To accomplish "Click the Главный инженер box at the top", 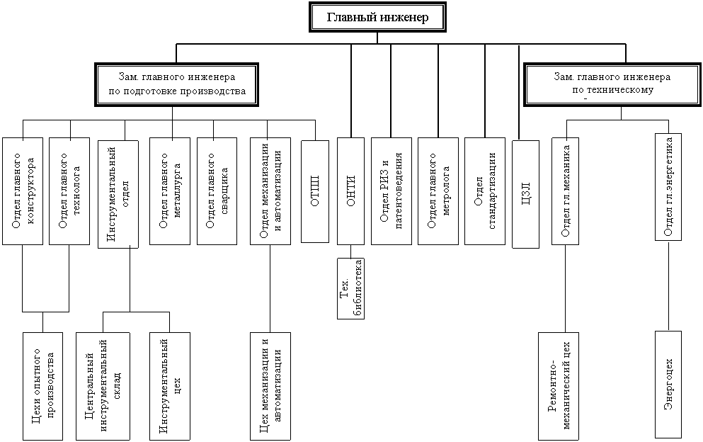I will point(378,18).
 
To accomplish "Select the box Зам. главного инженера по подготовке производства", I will point(177,84).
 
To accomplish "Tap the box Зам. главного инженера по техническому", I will point(612,84).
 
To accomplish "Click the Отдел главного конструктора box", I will point(23,191).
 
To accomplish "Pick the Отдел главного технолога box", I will point(69,191).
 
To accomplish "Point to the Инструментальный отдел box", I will point(118,193).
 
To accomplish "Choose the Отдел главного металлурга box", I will point(170,191).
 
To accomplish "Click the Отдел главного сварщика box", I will point(217,191).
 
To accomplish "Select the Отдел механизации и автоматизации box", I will point(270,191).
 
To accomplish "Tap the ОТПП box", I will point(315,191).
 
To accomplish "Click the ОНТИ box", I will point(350,191).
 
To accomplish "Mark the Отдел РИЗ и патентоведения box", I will point(391,191).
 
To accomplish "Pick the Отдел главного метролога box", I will point(438,191).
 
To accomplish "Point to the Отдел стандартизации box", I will point(485,191).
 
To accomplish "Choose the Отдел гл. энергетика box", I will point(668,187).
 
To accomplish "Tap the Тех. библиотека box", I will point(351,288).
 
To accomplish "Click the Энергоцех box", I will point(668,384).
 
